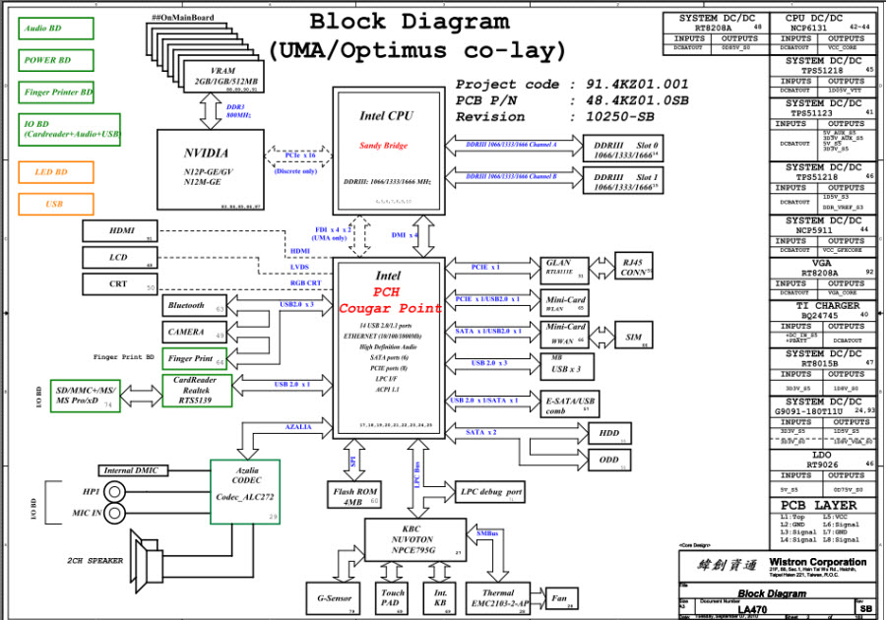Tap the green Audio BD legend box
[56, 29]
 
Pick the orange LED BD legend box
[56, 172]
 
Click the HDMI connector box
[120, 231]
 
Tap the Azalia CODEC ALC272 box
[245, 491]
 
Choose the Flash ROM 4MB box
[353, 495]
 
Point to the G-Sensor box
[335, 597]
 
